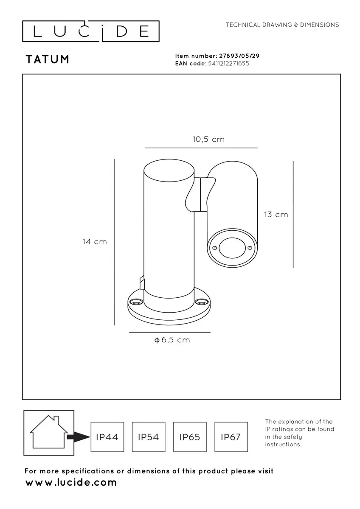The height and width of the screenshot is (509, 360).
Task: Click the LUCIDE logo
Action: (x=91, y=31)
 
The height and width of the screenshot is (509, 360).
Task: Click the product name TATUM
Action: (x=48, y=59)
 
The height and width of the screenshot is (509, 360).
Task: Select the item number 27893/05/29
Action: (x=239, y=56)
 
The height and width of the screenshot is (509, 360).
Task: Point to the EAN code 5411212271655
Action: (x=228, y=63)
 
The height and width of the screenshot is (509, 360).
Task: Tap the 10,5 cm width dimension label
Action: (x=208, y=139)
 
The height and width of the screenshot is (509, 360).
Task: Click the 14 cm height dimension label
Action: (x=95, y=241)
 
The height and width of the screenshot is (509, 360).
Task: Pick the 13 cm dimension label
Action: (x=276, y=215)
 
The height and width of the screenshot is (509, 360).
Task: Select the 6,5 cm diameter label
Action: (x=172, y=340)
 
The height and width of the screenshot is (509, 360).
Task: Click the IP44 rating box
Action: (x=107, y=437)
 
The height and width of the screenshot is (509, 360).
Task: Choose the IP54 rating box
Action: (x=149, y=437)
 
